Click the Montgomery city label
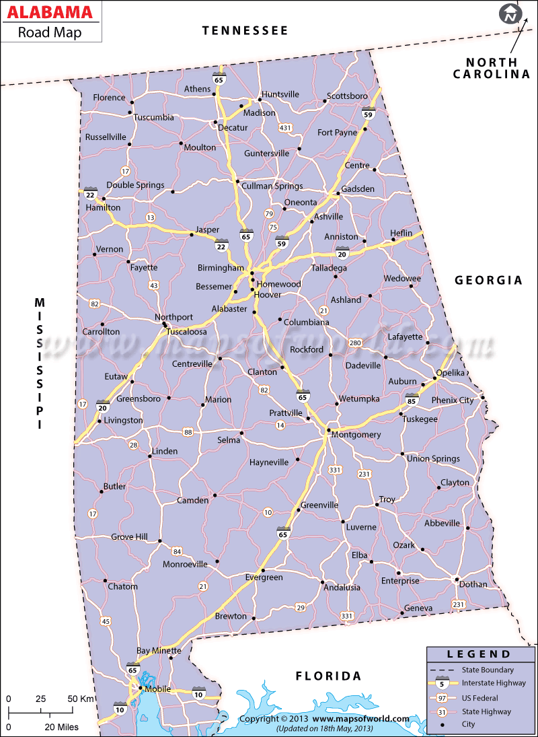click(x=356, y=435)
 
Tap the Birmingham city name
click(x=220, y=267)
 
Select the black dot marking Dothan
click(x=457, y=580)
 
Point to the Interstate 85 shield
click(x=412, y=400)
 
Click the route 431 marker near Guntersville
click(x=286, y=127)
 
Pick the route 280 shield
click(x=355, y=343)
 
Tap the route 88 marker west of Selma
click(x=187, y=431)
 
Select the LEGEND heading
click(x=479, y=654)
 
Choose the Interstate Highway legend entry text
click(x=494, y=683)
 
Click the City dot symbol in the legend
click(x=441, y=725)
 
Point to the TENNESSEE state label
click(x=245, y=30)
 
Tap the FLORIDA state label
click(x=329, y=676)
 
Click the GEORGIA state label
click(x=488, y=280)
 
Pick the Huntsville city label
click(x=280, y=94)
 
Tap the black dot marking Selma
click(x=241, y=431)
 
